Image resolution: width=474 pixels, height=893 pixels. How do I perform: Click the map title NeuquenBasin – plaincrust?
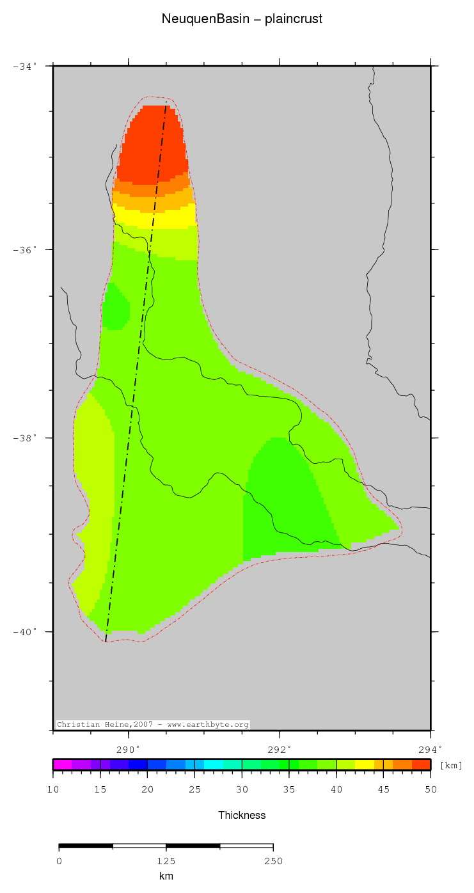click(242, 19)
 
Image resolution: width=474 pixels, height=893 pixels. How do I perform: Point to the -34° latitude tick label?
click(25, 66)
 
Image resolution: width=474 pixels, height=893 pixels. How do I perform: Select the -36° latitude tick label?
click(25, 249)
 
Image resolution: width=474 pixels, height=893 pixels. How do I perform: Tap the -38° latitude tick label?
click(25, 438)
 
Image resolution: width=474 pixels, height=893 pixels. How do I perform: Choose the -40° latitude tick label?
click(25, 632)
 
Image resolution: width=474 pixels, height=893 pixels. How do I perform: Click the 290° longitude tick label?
click(129, 748)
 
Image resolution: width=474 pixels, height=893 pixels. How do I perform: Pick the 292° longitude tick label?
click(280, 748)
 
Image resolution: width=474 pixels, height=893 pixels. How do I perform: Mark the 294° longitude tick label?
click(431, 748)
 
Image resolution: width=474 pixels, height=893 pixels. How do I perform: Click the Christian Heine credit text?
click(153, 724)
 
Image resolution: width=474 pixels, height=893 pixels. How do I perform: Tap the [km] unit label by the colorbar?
click(451, 765)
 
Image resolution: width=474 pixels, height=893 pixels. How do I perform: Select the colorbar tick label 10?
click(53, 789)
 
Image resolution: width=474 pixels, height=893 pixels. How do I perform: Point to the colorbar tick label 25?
click(195, 789)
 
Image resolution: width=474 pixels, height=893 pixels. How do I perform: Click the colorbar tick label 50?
click(431, 789)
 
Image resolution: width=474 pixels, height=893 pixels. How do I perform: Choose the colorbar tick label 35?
click(289, 789)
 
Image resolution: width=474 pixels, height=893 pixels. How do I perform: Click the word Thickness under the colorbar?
click(242, 815)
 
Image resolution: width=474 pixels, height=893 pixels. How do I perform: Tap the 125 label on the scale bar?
click(166, 860)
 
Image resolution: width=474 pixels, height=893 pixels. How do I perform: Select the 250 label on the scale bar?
click(273, 860)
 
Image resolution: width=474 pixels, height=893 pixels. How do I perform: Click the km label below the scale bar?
click(166, 876)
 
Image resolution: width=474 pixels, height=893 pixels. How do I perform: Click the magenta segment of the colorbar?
click(62, 764)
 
